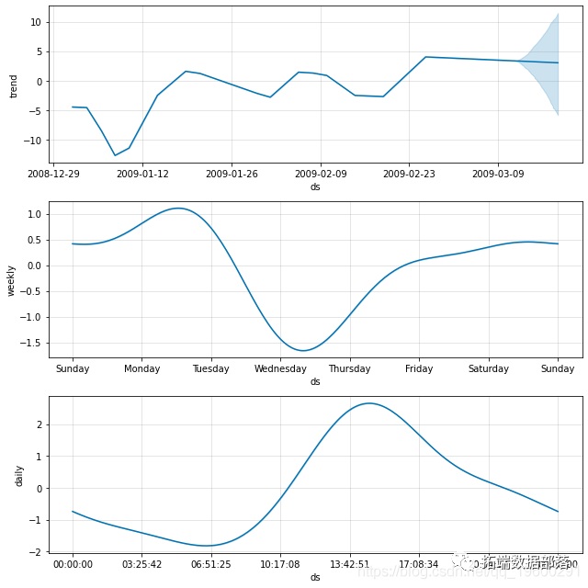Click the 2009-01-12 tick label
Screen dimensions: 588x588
coord(142,174)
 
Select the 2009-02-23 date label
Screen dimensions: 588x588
coord(410,174)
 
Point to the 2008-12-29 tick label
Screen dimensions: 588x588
coord(53,174)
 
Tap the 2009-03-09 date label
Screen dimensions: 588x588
coord(499,174)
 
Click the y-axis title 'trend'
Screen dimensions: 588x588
coord(14,85)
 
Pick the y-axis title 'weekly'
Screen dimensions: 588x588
coord(12,280)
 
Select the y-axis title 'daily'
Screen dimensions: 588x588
coord(18,475)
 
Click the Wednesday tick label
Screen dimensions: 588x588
coord(281,369)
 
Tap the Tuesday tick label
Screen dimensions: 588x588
coord(211,369)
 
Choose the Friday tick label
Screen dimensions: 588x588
coord(419,369)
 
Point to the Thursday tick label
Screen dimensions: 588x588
coord(350,369)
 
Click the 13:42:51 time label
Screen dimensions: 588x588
coord(350,564)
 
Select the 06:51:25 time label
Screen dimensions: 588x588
coord(211,564)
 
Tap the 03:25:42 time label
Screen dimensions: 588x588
coord(142,564)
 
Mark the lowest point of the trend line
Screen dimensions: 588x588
coord(115,155)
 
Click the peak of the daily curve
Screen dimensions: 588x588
coord(369,403)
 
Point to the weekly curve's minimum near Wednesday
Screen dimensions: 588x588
coord(303,350)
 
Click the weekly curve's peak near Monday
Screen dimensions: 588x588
coord(178,209)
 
